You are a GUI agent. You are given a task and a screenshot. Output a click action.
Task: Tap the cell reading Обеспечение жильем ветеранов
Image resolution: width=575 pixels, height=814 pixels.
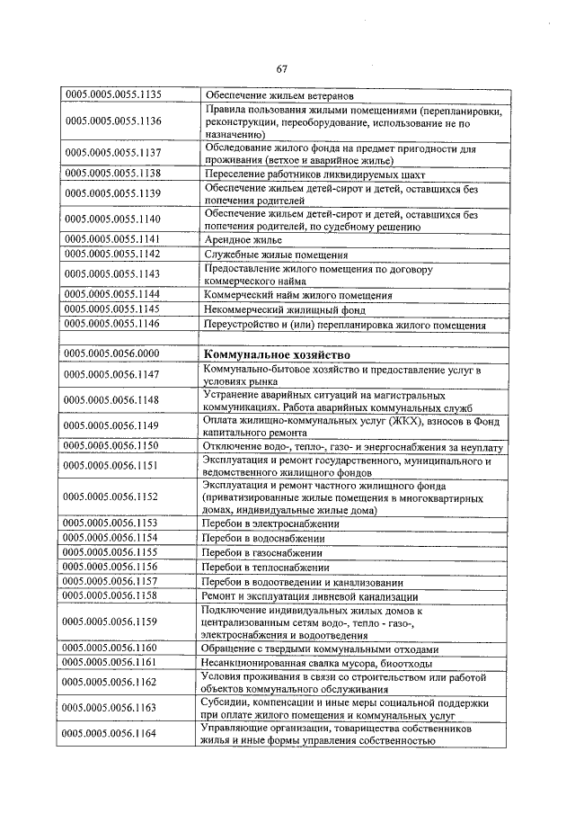(279, 94)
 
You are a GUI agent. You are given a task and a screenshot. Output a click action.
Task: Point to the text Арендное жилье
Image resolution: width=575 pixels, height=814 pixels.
(243, 240)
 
